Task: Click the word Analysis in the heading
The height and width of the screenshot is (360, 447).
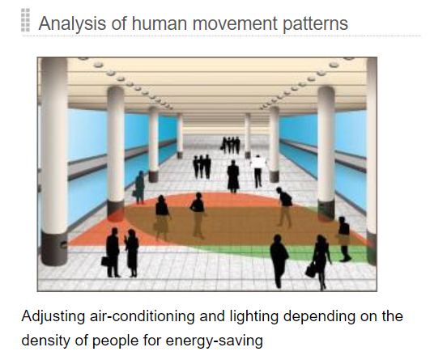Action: (x=72, y=23)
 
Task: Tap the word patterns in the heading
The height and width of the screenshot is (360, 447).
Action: (x=315, y=23)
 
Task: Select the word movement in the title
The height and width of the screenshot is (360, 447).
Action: (x=235, y=23)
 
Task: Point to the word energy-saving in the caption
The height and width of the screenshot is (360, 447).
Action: (x=214, y=341)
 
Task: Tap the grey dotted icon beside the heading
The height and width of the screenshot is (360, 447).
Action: (x=25, y=20)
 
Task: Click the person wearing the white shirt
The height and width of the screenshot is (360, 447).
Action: (x=258, y=172)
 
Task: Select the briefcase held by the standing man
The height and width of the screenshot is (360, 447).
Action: (x=105, y=261)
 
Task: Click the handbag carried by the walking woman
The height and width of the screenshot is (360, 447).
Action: (x=310, y=269)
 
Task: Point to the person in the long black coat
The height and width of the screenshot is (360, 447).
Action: (x=233, y=176)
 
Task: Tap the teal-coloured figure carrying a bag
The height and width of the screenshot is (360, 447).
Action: (x=139, y=187)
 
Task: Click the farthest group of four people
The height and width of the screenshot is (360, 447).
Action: (x=231, y=145)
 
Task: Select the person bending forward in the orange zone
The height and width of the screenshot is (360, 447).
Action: (x=284, y=207)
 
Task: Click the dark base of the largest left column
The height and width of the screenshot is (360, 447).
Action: (x=54, y=248)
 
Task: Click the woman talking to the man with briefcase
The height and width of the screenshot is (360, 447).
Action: (x=132, y=253)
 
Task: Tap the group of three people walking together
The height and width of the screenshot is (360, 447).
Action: (x=202, y=167)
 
